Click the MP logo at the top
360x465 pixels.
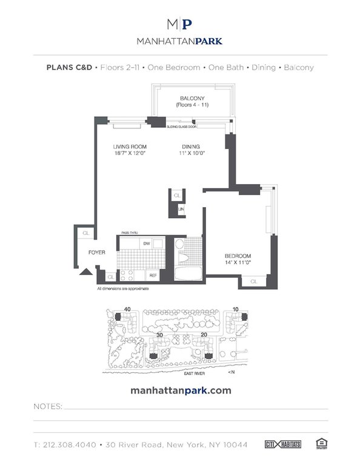tap(179, 24)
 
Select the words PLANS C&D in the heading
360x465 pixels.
tap(68, 68)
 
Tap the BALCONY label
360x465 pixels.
tap(192, 98)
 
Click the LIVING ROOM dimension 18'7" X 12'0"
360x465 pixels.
tap(130, 154)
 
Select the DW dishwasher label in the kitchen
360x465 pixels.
tap(146, 243)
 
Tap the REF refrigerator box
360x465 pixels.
tap(153, 275)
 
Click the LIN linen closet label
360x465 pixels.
tap(181, 209)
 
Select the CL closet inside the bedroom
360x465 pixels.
tap(254, 281)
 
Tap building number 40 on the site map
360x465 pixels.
tap(127, 309)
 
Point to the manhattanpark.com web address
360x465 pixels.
tap(181, 391)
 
